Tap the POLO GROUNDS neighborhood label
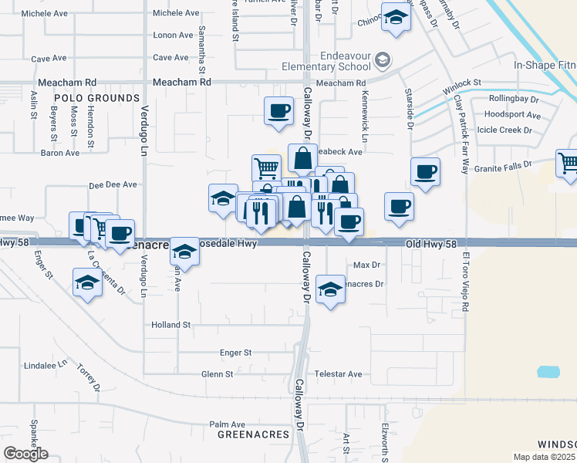click(96, 98)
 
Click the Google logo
click(25, 454)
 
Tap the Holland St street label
click(170, 325)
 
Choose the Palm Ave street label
click(227, 424)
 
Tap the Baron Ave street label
click(60, 153)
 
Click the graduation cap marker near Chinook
click(396, 18)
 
